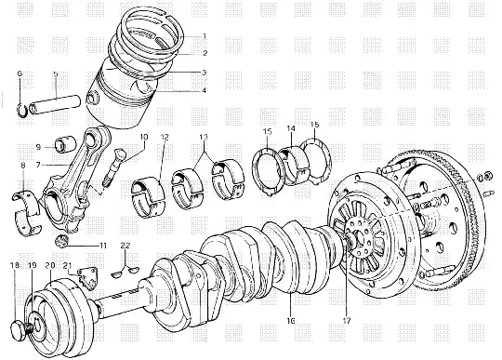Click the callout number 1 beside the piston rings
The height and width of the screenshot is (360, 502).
pos(205,36)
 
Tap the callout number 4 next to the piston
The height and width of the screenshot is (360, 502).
pos(204,90)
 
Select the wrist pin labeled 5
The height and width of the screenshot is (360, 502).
pos(55,104)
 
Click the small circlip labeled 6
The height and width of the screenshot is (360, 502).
pos(21,111)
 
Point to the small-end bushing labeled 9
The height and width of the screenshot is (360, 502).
pos(66,144)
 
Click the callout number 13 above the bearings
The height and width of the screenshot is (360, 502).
pos(204,138)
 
